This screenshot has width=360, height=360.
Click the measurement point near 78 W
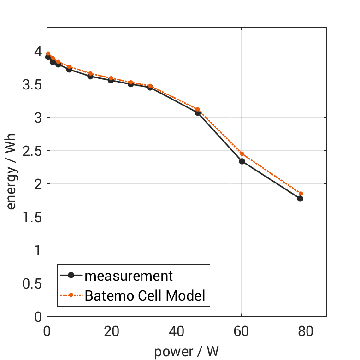(x=300, y=199)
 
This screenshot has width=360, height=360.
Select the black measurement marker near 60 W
(x=242, y=161)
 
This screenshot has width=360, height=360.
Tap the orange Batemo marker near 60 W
(x=242, y=154)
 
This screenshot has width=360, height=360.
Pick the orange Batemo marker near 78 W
(x=301, y=194)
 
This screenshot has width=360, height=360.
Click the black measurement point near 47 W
(x=197, y=112)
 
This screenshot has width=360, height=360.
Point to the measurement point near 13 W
(x=90, y=76)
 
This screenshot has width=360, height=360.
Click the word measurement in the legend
(x=129, y=276)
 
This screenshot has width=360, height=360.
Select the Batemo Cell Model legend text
(x=145, y=295)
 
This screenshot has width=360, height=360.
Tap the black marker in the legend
(x=71, y=276)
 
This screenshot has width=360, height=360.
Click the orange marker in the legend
(x=71, y=295)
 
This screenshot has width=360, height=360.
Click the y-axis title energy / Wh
(x=12, y=171)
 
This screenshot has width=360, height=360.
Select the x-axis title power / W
(x=186, y=352)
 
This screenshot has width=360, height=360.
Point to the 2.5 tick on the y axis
(x=32, y=151)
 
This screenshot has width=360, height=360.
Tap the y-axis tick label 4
(x=38, y=51)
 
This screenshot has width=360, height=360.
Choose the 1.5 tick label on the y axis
(x=32, y=217)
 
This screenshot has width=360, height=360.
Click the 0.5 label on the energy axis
(x=32, y=283)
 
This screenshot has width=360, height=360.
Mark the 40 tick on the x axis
(x=177, y=331)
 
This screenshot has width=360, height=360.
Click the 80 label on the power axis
(x=306, y=331)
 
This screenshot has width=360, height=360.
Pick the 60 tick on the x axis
(x=241, y=331)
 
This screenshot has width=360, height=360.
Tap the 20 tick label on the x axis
(x=112, y=331)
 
